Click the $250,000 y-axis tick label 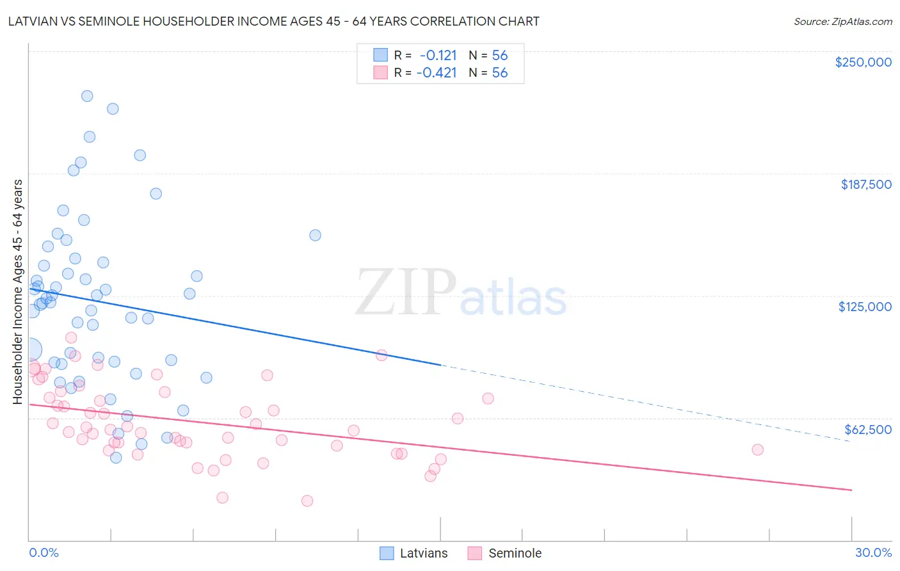tap(863, 62)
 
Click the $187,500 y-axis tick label tap(865, 184)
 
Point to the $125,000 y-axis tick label tap(865, 307)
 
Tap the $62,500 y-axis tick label tap(867, 430)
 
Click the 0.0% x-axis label tap(44, 552)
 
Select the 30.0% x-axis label tap(873, 552)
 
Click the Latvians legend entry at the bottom tap(423, 553)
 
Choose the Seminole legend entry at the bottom tap(515, 553)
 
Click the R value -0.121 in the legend tap(438, 55)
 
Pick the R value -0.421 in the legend tap(437, 72)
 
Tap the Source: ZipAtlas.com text tap(842, 21)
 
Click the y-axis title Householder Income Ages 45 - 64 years tap(18, 291)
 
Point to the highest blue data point tap(87, 96)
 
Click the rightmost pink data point tap(757, 449)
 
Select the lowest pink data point tap(307, 501)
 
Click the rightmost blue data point tap(315, 235)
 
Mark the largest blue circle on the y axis tap(30, 350)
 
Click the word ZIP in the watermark tap(406, 293)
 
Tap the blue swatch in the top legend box tap(380, 55)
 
